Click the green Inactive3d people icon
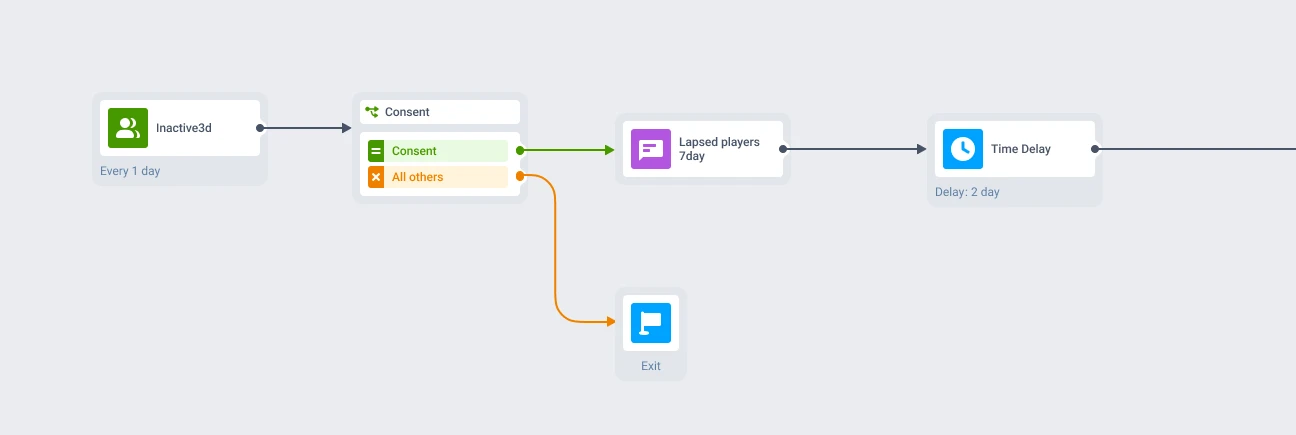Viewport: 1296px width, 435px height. click(x=128, y=128)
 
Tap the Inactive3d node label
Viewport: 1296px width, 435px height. click(x=183, y=128)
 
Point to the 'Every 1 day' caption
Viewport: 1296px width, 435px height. click(x=130, y=171)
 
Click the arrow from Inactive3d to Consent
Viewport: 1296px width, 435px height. click(x=305, y=128)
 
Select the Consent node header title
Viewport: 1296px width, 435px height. click(x=407, y=112)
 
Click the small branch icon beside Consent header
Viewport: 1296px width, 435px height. click(x=372, y=112)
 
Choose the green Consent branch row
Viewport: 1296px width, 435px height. click(x=438, y=151)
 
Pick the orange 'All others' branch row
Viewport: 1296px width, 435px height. click(x=438, y=177)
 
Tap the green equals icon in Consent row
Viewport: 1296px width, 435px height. click(x=376, y=151)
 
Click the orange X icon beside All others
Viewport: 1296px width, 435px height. click(x=376, y=177)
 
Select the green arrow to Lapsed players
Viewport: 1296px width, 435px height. click(x=566, y=150)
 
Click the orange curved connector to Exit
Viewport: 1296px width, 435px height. click(x=555, y=249)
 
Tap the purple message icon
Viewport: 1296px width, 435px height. click(x=651, y=149)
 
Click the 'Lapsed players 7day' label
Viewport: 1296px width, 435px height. click(x=719, y=149)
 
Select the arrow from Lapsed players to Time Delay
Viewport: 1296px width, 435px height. click(x=853, y=149)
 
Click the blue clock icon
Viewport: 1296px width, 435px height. click(x=963, y=149)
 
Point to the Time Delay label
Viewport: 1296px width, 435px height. click(x=1021, y=149)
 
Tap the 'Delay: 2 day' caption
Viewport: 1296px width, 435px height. click(x=967, y=191)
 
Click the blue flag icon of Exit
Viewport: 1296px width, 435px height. click(x=651, y=323)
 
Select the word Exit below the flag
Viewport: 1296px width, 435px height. click(x=651, y=366)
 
